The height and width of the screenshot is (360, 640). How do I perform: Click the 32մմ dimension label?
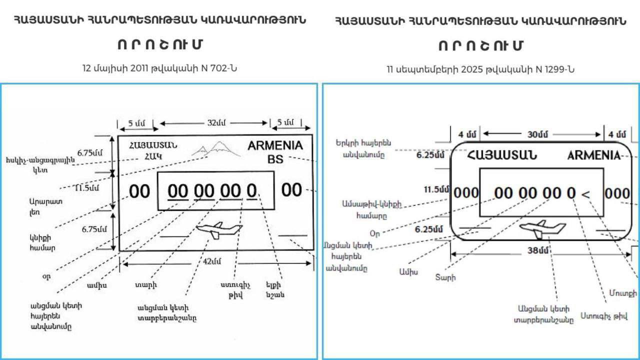click(x=216, y=123)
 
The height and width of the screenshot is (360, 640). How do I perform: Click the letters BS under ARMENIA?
click(x=275, y=159)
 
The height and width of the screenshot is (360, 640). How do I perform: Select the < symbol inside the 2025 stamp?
click(x=586, y=193)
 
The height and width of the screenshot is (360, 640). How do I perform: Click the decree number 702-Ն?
click(x=219, y=68)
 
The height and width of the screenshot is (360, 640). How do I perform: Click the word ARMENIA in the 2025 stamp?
click(x=594, y=155)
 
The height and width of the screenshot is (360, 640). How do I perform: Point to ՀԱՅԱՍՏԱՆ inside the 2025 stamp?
click(x=502, y=155)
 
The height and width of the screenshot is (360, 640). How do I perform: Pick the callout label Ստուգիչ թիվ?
click(x=604, y=316)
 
